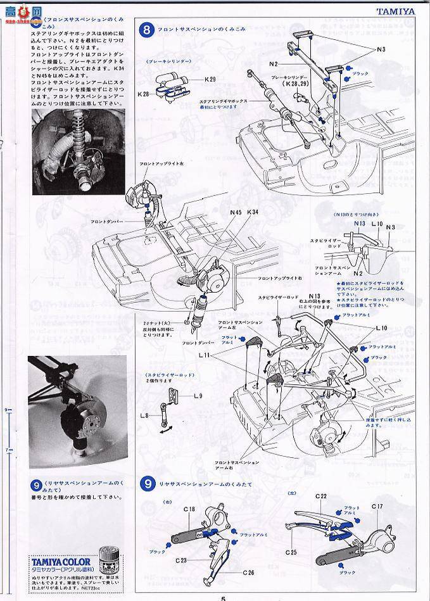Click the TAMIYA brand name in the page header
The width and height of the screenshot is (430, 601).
pyautogui.click(x=405, y=11)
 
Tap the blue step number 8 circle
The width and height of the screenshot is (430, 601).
pyautogui.click(x=147, y=29)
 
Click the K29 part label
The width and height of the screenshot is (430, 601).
pyautogui.click(x=210, y=79)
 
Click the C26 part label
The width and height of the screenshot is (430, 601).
pyautogui.click(x=248, y=573)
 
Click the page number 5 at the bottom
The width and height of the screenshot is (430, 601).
pyautogui.click(x=223, y=597)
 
